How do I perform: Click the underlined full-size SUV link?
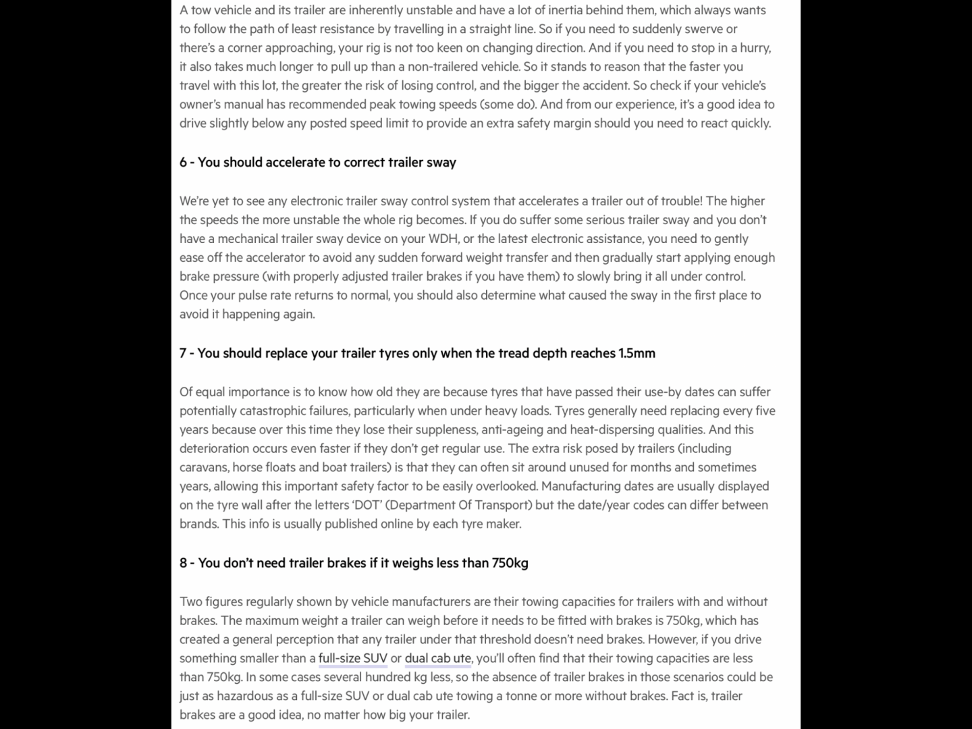point(352,658)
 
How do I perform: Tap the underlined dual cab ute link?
point(437,658)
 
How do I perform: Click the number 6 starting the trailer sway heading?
point(183,163)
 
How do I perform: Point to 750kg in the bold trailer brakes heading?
point(510,563)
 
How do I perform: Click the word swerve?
point(703,29)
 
